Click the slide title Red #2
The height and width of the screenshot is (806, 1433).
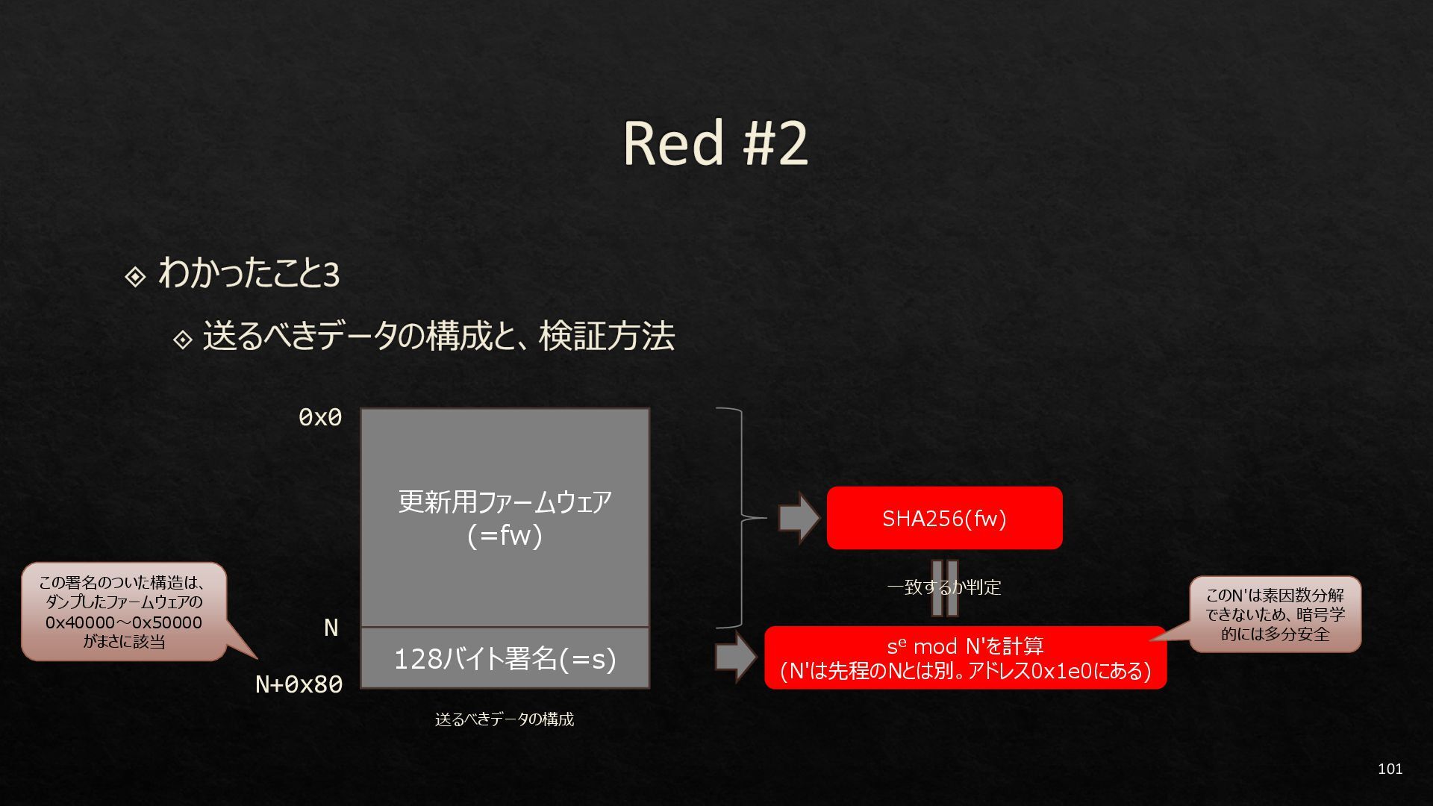715,143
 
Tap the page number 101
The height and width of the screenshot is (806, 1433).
1390,769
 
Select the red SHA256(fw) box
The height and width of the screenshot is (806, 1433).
944,518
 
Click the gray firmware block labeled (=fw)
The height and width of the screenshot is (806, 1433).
505,518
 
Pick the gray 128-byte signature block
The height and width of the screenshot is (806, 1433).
505,658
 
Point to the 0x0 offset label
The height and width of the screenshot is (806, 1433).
320,417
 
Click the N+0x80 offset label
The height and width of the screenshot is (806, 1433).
299,684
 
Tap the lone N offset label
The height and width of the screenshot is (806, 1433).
331,628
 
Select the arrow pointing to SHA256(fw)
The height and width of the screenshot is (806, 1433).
799,518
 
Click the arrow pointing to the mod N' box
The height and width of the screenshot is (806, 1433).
735,657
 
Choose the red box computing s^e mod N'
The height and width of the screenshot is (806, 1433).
965,657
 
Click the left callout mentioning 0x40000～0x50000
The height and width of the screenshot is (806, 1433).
124,611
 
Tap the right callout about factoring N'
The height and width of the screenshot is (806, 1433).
1275,614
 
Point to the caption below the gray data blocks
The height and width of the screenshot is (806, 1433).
505,719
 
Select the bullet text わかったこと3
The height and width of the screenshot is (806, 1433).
249,273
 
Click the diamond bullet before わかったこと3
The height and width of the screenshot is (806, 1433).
135,277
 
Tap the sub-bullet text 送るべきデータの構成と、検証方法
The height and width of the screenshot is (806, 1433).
439,337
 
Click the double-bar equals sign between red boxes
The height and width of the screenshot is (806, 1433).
944,588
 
